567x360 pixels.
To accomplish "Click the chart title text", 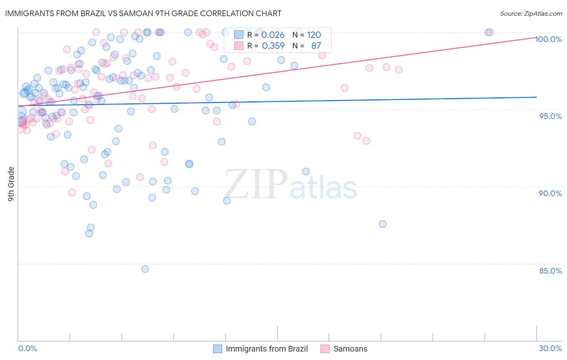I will (143, 13).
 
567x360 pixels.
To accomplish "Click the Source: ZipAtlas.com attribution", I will (531, 13).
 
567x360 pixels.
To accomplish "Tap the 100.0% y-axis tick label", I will (549, 39).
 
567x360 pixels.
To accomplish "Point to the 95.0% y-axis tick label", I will (550, 116).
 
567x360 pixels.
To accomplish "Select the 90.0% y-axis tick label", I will (550, 193).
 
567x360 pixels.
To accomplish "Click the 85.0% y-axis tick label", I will (550, 271).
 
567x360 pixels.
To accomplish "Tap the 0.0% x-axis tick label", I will (27, 348).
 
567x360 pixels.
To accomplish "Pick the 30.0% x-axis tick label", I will (550, 348).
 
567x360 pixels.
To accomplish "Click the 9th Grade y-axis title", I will (11, 184).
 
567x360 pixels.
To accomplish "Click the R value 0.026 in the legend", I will (273, 35).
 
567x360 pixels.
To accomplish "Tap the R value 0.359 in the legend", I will (273, 46).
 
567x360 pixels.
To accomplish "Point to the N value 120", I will (314, 35).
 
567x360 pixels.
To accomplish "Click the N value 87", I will (316, 46).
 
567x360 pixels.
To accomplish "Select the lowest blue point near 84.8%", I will (145, 269).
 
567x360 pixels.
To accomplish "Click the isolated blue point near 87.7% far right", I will (383, 224).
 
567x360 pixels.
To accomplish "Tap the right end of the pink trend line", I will (536, 37).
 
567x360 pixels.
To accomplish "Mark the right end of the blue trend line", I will (536, 97).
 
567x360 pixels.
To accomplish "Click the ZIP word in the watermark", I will (256, 184).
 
